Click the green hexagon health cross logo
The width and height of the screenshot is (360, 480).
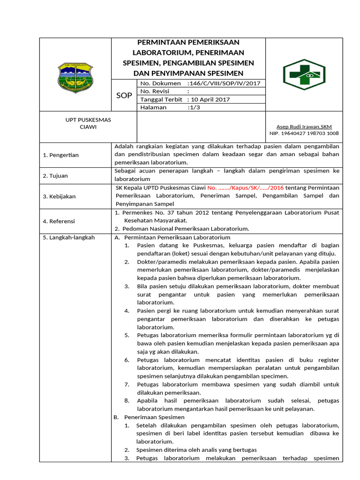pos(304,75)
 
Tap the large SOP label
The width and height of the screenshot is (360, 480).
pos(124,96)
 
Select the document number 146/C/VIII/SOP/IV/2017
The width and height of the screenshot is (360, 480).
pos(223,83)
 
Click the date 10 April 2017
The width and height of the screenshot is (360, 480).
pos(208,99)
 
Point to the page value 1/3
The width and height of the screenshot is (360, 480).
pos(194,107)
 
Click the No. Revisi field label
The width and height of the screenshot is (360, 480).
pos(155,91)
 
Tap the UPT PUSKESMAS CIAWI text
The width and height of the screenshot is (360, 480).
pos(88,123)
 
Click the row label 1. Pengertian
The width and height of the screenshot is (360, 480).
pos(61,155)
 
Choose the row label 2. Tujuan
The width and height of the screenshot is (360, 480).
pos(55,176)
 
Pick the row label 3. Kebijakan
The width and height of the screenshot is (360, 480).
pos(59,196)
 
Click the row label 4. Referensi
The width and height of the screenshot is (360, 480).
pos(59,221)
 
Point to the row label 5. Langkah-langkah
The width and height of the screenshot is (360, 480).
pos(68,238)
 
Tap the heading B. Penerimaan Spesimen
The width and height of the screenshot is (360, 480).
pos(150,417)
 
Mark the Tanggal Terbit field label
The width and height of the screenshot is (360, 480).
pos(162,99)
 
